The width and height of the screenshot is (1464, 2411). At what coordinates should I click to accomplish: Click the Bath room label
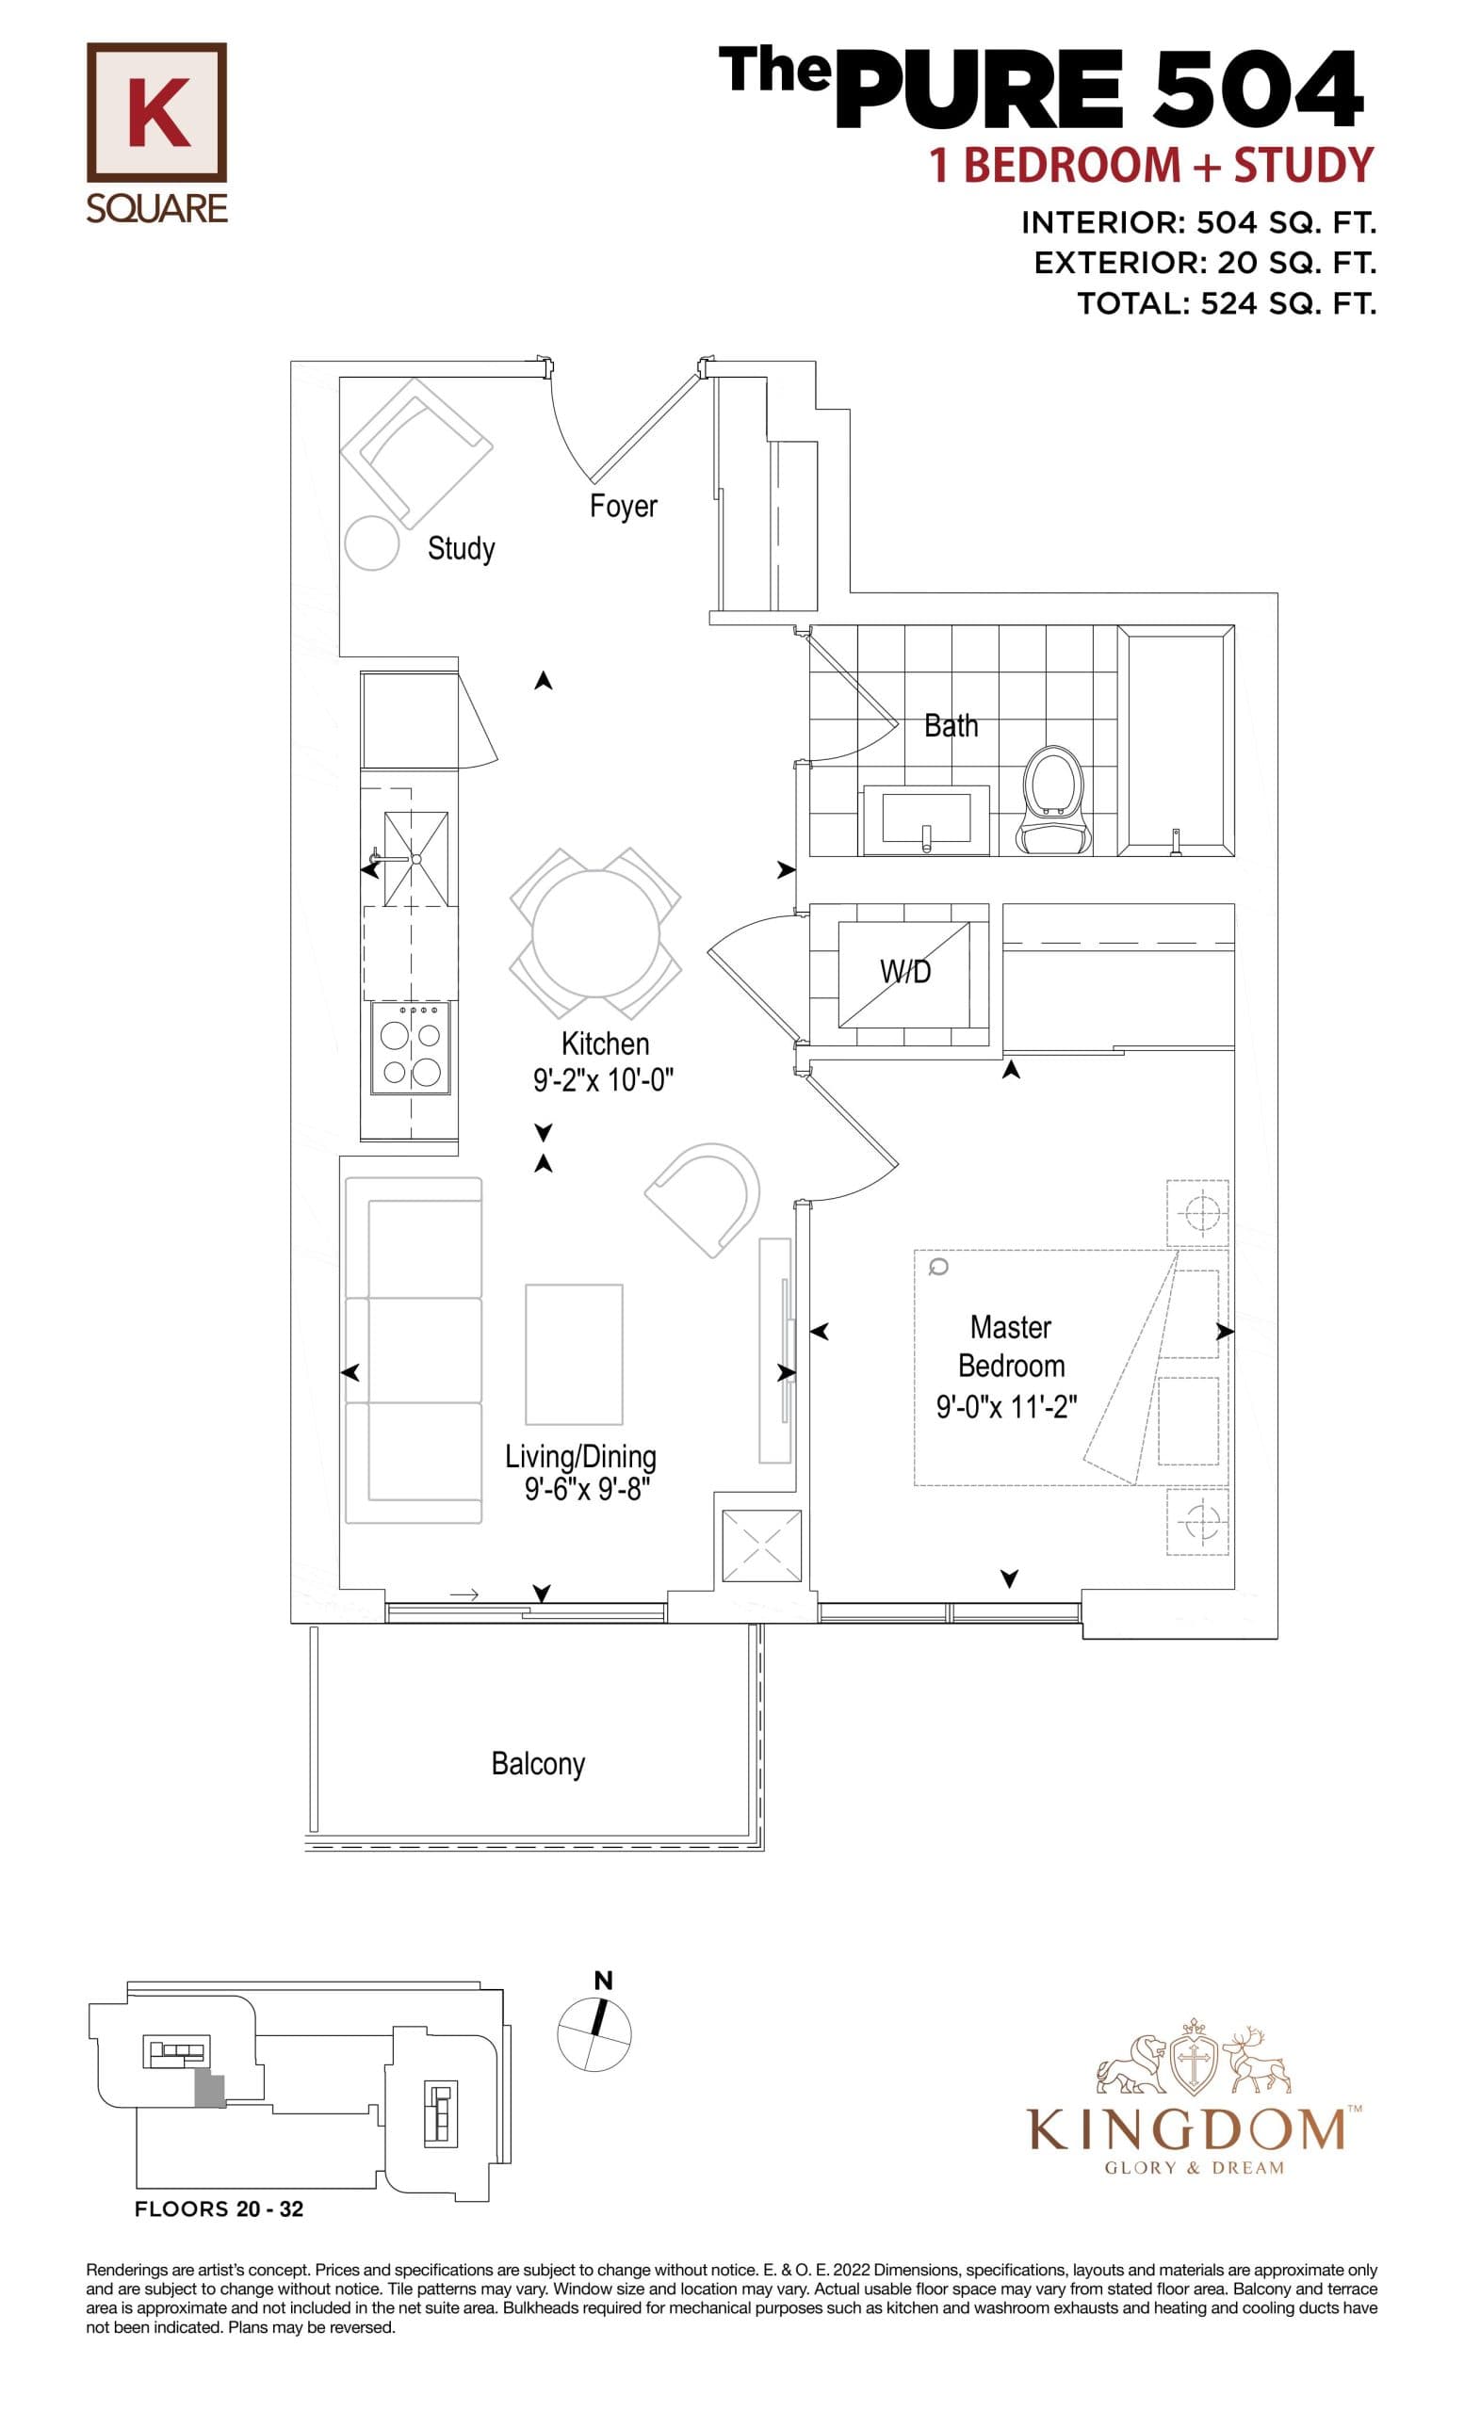click(951, 726)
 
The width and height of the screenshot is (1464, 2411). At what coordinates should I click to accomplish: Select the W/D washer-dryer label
click(905, 972)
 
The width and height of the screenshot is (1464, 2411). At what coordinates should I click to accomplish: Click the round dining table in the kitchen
click(595, 932)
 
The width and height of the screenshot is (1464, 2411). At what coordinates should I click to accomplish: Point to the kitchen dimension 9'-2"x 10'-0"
click(604, 1081)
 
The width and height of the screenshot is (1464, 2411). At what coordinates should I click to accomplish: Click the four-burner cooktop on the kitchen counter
click(411, 1049)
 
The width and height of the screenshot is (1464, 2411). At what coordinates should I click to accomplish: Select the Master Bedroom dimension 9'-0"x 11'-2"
click(1006, 1407)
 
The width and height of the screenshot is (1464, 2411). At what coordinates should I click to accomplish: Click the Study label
click(461, 548)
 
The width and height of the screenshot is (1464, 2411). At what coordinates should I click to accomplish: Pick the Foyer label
click(623, 506)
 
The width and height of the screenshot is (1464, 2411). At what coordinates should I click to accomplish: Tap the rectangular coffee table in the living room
click(574, 1354)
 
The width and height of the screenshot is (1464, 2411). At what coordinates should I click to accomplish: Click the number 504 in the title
click(1257, 90)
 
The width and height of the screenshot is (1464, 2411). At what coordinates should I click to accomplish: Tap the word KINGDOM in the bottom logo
click(1184, 2131)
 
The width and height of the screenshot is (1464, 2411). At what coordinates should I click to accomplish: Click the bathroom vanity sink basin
click(925, 818)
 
